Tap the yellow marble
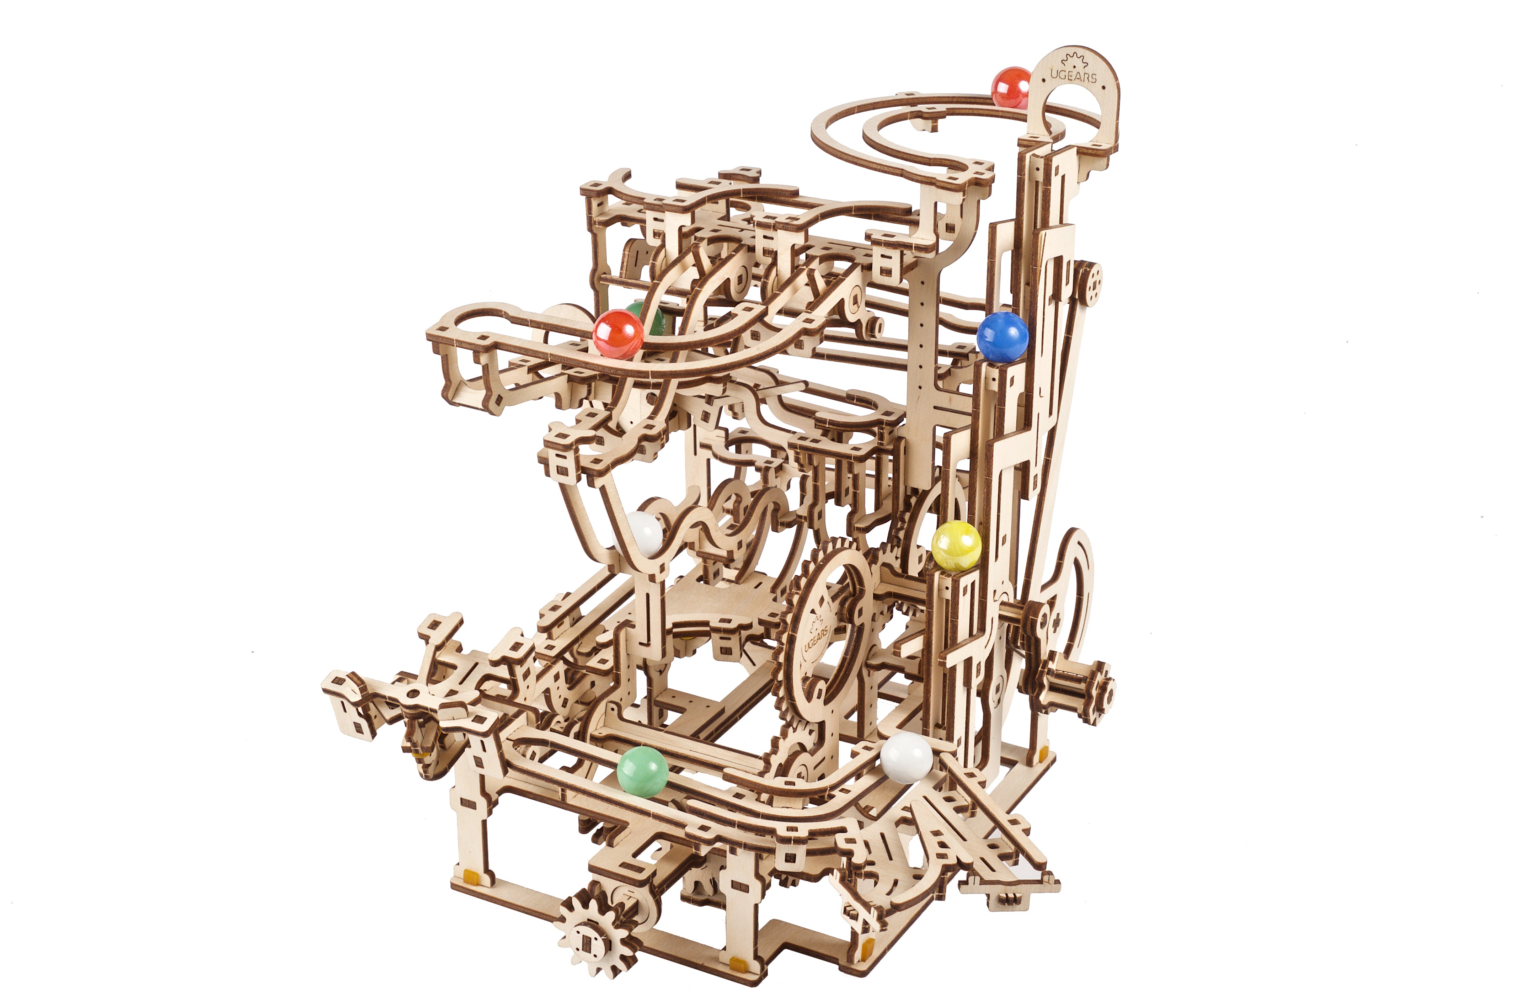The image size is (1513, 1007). pos(956,546)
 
